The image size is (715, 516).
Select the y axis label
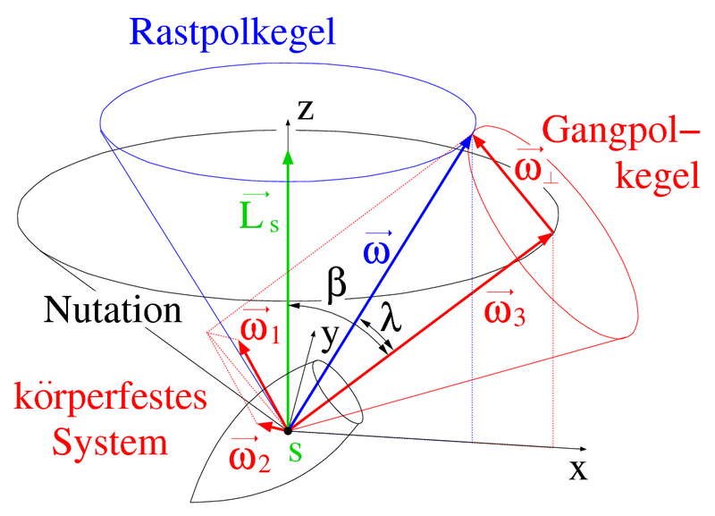pyautogui.click(x=330, y=338)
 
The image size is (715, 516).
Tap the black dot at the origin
pyautogui.click(x=288, y=430)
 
